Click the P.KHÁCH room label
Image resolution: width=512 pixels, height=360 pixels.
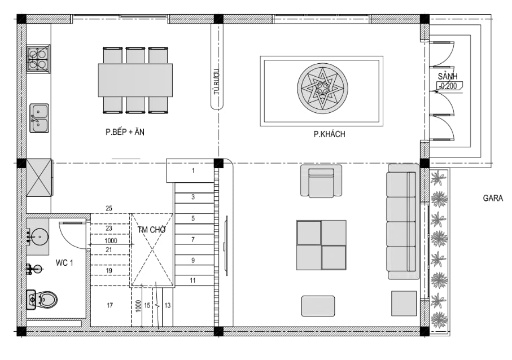tap(329, 134)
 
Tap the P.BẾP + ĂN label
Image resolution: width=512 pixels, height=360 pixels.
tap(125, 132)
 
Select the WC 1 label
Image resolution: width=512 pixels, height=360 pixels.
tap(64, 263)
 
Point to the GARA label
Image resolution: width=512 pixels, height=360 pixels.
tap(493, 198)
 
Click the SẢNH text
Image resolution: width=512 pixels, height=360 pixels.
tap(447, 77)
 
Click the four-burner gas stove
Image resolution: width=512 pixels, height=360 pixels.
tap(38, 59)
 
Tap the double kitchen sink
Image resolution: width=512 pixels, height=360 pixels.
tap(39, 118)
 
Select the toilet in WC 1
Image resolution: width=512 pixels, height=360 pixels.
tap(42, 300)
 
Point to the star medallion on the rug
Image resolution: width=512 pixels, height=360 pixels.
tap(322, 89)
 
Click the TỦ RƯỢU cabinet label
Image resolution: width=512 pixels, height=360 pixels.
tap(217, 82)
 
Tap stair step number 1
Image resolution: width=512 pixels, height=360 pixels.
tap(193, 170)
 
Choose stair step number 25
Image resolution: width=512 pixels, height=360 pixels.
tap(109, 208)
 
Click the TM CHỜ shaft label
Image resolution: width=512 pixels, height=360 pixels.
tap(151, 230)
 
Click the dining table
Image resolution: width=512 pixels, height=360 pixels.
tap(135, 80)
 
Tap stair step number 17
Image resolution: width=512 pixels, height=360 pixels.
tap(110, 305)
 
